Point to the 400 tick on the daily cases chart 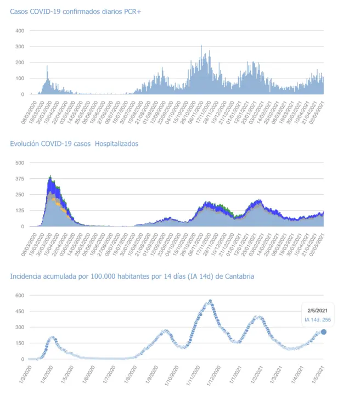coord(19,31)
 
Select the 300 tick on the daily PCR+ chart coord(19,47)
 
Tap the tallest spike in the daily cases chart coord(201,46)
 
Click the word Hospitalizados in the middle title coord(116,144)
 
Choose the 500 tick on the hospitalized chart coord(19,163)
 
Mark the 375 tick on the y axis coord(19,179)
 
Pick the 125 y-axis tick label coord(19,211)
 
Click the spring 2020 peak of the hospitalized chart coord(50,177)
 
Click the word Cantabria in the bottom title coord(239,276)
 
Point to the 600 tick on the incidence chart coord(19,295)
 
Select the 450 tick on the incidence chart coord(19,311)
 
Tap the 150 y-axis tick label coord(19,343)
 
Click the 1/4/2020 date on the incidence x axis coord(47,374)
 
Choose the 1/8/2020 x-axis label coord(130,374)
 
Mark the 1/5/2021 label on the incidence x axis coord(318,374)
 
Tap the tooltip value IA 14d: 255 coord(318,319)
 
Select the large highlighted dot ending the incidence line coord(324,332)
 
